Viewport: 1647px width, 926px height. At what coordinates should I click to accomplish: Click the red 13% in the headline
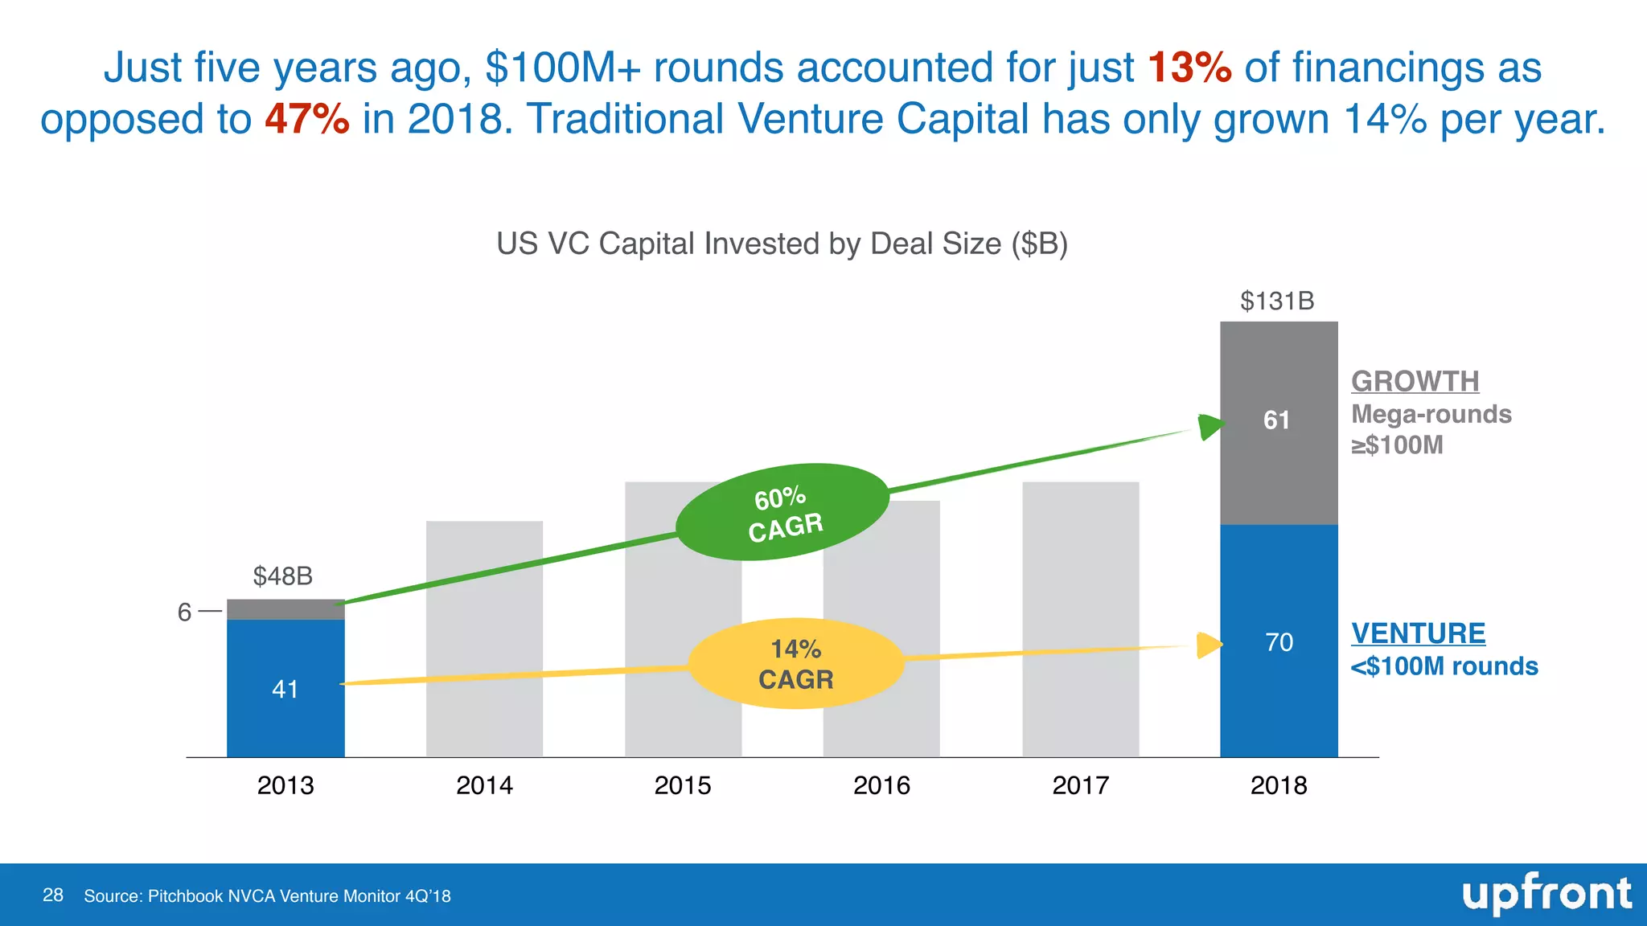pyautogui.click(x=1189, y=68)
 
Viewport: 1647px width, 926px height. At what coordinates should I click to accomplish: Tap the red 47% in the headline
pyautogui.click(x=307, y=119)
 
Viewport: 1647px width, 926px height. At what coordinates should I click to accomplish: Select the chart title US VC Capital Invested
pyautogui.click(x=782, y=244)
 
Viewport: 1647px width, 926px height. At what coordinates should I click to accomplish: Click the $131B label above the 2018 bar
pyautogui.click(x=1277, y=301)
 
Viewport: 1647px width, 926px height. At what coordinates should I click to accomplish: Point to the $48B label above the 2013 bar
pyautogui.click(x=282, y=576)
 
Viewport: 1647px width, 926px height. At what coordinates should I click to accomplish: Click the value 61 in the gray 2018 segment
pyautogui.click(x=1276, y=420)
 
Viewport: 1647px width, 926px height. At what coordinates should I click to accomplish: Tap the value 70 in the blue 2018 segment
pyautogui.click(x=1279, y=642)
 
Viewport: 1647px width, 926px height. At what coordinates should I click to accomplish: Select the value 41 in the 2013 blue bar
pyautogui.click(x=285, y=689)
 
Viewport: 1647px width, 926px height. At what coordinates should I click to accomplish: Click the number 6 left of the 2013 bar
pyautogui.click(x=184, y=613)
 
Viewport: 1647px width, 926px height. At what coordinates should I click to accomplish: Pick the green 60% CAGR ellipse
pyautogui.click(x=782, y=512)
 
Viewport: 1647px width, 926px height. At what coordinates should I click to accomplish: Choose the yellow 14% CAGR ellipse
pyautogui.click(x=796, y=664)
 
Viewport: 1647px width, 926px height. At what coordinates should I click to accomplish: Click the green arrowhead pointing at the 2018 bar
pyautogui.click(x=1210, y=426)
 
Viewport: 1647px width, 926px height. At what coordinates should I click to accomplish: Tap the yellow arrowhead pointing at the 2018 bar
pyautogui.click(x=1208, y=645)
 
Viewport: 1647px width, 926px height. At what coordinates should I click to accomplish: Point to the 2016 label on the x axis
pyautogui.click(x=881, y=785)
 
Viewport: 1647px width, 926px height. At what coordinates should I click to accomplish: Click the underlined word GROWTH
pyautogui.click(x=1415, y=381)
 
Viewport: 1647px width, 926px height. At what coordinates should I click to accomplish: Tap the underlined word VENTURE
pyautogui.click(x=1418, y=633)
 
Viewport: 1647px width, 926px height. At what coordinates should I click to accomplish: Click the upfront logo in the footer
pyautogui.click(x=1546, y=895)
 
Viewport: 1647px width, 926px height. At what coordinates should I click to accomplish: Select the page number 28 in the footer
pyautogui.click(x=53, y=895)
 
